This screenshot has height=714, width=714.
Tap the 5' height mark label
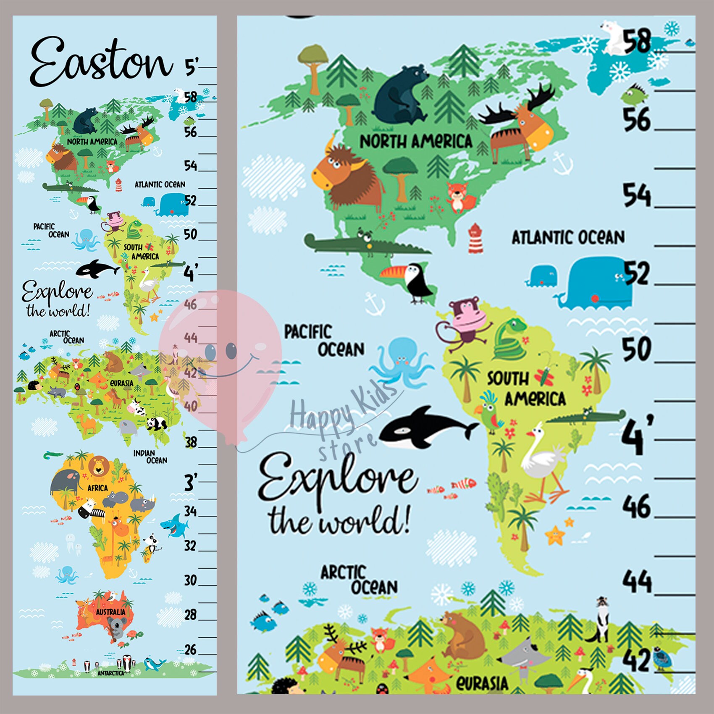point(191,66)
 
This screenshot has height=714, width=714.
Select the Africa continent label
point(97,488)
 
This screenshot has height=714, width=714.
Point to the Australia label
point(110,612)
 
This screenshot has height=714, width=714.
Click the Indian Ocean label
point(150,457)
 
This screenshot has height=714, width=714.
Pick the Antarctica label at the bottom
point(111,673)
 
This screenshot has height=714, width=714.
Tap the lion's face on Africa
point(98,465)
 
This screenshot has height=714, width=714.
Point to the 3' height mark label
point(190,482)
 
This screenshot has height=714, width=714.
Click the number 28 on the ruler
point(190,615)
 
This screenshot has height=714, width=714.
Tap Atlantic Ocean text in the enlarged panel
point(568,238)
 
